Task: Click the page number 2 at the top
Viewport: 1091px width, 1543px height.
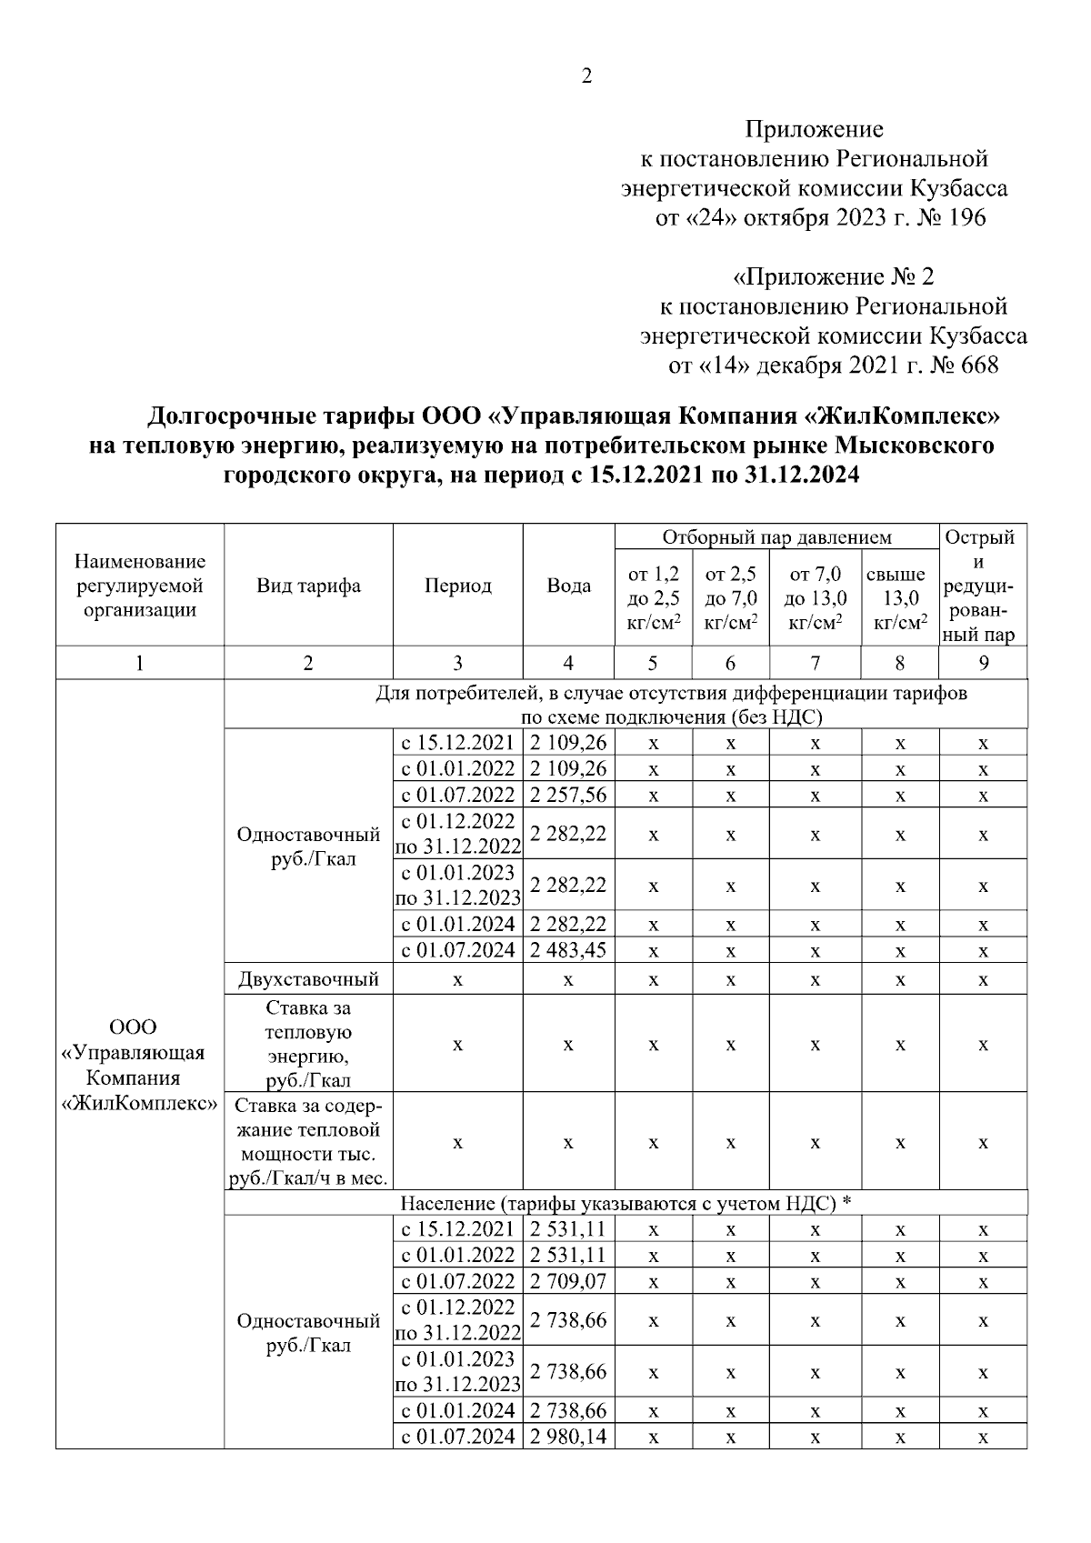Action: click(x=586, y=77)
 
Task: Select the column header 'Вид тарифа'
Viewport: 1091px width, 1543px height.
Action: click(x=308, y=586)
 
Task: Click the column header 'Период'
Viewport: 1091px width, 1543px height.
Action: click(x=457, y=586)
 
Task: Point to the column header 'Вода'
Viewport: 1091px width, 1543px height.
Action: click(x=568, y=586)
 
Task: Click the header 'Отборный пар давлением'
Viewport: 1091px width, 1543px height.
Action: click(x=776, y=537)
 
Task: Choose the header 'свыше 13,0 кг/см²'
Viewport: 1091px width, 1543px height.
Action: click(x=899, y=598)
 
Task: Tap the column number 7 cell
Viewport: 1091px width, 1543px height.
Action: click(x=815, y=663)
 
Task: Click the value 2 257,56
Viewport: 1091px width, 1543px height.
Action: click(x=568, y=795)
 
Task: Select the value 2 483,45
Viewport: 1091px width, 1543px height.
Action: click(x=568, y=951)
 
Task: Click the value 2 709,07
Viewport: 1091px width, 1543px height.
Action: click(x=568, y=1281)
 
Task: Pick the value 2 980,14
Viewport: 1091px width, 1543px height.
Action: click(x=568, y=1437)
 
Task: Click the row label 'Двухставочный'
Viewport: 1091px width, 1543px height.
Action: click(x=308, y=979)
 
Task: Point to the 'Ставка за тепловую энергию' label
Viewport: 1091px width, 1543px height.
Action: click(x=308, y=1044)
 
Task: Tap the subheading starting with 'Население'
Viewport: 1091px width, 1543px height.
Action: click(x=626, y=1203)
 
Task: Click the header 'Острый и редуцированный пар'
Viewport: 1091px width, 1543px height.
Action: click(x=983, y=586)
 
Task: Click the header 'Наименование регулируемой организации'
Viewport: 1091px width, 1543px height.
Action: click(x=139, y=586)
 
